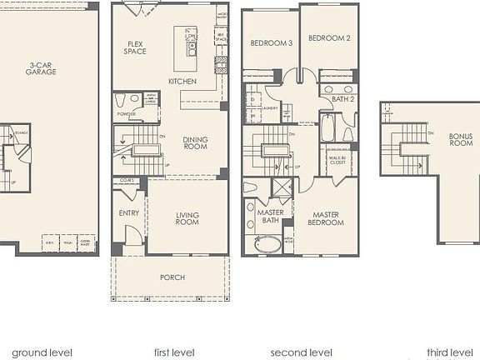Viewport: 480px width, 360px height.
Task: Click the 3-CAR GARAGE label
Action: (40, 68)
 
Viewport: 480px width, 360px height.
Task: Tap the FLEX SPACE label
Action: (136, 47)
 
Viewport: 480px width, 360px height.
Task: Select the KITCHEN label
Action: (182, 82)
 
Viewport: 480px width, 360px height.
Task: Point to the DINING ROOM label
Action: (194, 143)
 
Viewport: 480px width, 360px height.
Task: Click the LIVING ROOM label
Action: (187, 219)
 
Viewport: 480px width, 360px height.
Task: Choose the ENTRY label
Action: (129, 213)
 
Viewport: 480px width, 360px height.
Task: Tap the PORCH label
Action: (172, 277)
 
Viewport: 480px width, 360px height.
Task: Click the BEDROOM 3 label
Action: (272, 42)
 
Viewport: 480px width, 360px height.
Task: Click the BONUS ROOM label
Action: (461, 138)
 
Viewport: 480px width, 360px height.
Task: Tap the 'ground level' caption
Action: (42, 352)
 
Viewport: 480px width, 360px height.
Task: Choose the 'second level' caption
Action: (301, 352)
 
